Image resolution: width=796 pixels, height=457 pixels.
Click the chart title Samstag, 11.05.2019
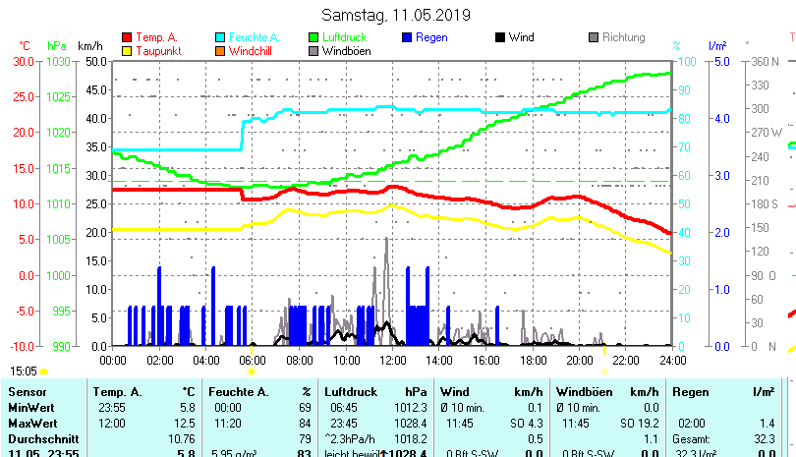pos(396,15)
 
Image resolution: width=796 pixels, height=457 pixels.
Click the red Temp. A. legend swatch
pos(127,37)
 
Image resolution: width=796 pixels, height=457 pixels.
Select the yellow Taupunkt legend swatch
pos(127,50)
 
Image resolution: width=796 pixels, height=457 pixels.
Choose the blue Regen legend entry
pos(432,37)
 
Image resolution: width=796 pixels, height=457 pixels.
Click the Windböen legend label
pos(346,50)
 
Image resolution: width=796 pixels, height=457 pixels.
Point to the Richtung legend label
pos(623,37)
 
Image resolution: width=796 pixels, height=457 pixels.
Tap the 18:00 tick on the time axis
pos(533,361)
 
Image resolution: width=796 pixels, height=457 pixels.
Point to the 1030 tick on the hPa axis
pos(58,61)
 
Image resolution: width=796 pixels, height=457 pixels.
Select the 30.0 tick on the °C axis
pos(24,61)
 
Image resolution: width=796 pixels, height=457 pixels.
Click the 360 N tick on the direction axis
pos(765,61)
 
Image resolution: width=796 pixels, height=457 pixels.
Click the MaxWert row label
pos(31,423)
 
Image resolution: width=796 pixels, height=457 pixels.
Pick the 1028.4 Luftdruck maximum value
pos(410,423)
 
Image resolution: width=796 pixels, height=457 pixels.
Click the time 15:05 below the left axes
pos(24,371)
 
